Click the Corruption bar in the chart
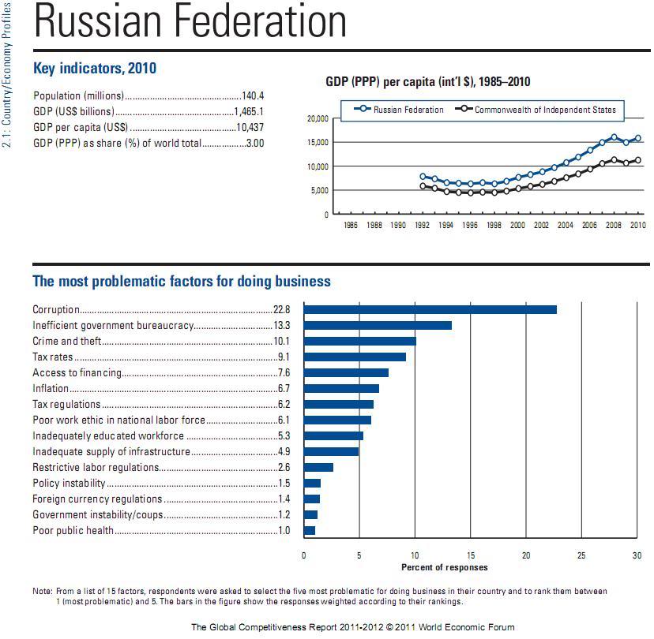pos(430,309)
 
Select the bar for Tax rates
pos(355,357)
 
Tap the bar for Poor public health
pos(310,530)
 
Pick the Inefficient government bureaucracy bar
pos(378,325)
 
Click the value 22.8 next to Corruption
pos(282,310)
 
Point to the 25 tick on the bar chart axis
pos(581,555)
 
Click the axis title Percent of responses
pos(445,567)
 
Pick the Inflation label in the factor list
pos(51,389)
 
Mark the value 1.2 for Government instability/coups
pos(284,515)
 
